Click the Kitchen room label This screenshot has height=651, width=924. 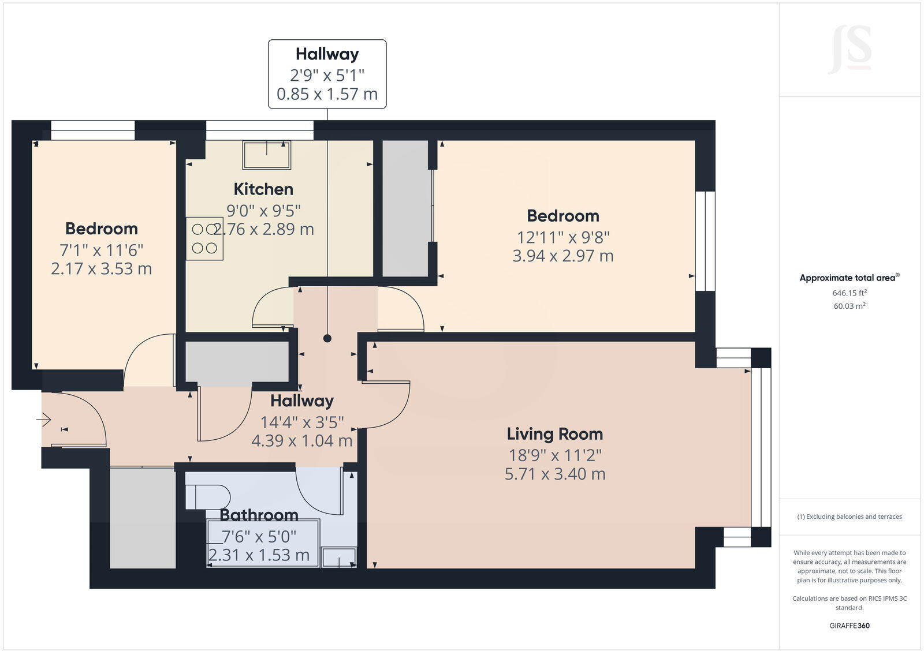[x=263, y=189]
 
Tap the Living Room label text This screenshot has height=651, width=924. [x=554, y=434]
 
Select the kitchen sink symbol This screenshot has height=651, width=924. [x=267, y=154]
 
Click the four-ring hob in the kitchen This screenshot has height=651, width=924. [x=204, y=238]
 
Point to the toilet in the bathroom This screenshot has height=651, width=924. [x=208, y=497]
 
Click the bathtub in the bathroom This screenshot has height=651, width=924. [x=263, y=542]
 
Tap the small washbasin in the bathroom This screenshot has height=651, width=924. [x=338, y=557]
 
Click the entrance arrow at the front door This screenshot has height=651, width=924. [x=44, y=420]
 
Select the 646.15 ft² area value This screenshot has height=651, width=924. [x=850, y=293]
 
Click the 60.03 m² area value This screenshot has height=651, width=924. [x=850, y=306]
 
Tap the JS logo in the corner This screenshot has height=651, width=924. [x=850, y=50]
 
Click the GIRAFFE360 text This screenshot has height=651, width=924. [x=850, y=626]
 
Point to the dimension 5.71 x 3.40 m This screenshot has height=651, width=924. [x=554, y=474]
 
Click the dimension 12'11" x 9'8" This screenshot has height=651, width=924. [x=562, y=237]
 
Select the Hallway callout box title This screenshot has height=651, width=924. [x=327, y=54]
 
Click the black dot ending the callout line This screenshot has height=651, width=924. [x=327, y=339]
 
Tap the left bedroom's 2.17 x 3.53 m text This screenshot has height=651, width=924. [x=101, y=269]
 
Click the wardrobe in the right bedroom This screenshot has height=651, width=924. [x=405, y=208]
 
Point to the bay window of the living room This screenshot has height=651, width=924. [x=761, y=447]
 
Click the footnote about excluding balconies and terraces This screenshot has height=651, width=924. [x=850, y=517]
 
